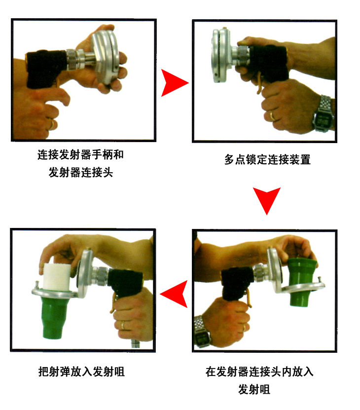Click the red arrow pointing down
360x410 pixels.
(267, 200)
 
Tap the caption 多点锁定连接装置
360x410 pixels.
(267, 159)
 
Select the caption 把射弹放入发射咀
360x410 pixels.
(81, 372)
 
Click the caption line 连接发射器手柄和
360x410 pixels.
(80, 154)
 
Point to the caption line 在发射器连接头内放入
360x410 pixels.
(259, 372)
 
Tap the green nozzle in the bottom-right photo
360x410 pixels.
(302, 281)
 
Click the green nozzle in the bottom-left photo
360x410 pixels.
(54, 318)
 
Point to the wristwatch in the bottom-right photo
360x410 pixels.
(203, 332)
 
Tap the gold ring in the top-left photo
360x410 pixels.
(53, 124)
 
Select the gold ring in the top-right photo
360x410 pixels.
(272, 115)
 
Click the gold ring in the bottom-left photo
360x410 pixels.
(122, 325)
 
